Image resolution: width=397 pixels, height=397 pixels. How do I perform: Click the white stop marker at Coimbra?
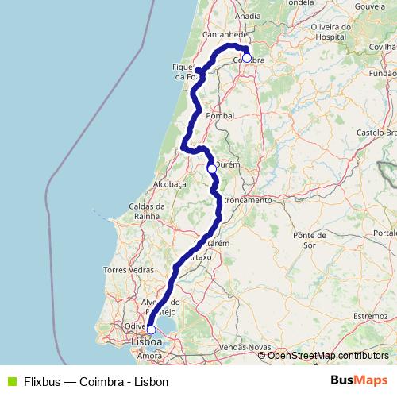(246, 58)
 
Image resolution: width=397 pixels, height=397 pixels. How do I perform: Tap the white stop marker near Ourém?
(212, 168)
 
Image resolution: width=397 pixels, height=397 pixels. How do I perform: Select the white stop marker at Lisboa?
(151, 330)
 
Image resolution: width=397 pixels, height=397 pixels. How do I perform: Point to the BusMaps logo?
(358, 380)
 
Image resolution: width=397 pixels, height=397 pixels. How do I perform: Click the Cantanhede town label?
(226, 36)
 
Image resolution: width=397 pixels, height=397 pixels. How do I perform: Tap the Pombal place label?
(220, 115)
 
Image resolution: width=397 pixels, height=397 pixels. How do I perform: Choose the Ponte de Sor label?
(310, 240)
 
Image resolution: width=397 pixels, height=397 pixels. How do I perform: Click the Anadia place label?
(249, 15)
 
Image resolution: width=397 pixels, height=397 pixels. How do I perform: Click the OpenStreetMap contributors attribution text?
(328, 355)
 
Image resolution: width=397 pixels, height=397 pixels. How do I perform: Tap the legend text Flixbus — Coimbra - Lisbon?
(95, 381)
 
